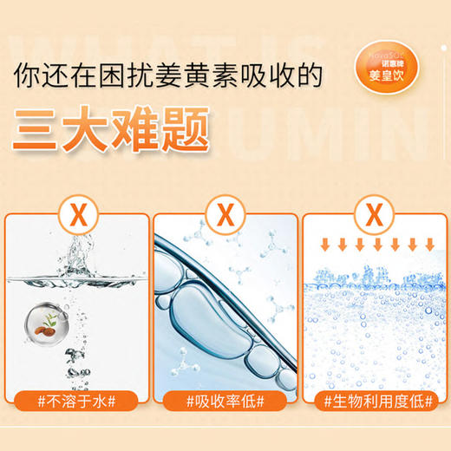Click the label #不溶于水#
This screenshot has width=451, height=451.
pyautogui.click(x=75, y=401)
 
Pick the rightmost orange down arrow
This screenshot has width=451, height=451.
pyautogui.click(x=428, y=239)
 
